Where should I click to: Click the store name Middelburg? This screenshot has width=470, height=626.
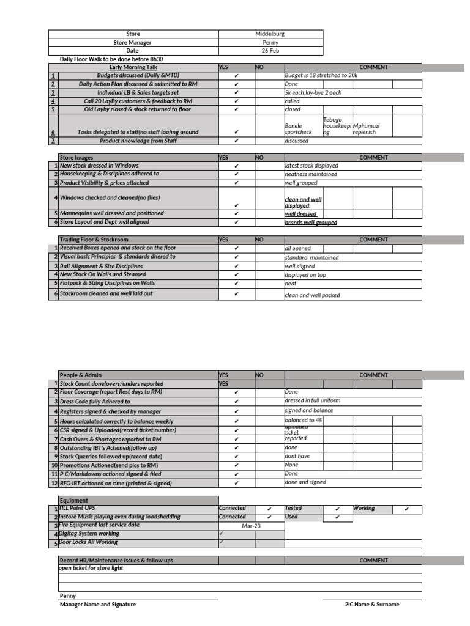tap(270, 34)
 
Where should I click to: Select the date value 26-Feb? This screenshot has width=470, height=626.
tap(270, 51)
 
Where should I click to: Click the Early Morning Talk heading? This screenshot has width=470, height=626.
tap(133, 67)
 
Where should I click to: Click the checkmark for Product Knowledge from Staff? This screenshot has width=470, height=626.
tap(236, 141)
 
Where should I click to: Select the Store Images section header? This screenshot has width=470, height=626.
tap(76, 157)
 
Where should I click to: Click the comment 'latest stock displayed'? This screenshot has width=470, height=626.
tap(311, 166)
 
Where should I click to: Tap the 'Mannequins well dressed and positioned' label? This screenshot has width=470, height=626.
tap(111, 213)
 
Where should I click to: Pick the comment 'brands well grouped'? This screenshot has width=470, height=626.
tap(311, 223)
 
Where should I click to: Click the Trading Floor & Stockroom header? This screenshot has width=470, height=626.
tap(94, 240)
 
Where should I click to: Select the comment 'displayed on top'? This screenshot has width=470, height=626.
tap(305, 275)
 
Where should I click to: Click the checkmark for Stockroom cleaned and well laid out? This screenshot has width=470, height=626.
tap(236, 294)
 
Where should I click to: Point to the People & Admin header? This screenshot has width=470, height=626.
tap(80, 375)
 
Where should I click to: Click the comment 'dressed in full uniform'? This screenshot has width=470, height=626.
tap(312, 400)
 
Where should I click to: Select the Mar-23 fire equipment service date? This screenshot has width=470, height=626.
tap(251, 525)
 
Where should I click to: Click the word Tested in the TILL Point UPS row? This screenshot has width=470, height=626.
tap(294, 508)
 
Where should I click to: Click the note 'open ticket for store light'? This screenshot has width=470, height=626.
tap(91, 568)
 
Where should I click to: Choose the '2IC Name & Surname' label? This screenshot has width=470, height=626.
tap(372, 604)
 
